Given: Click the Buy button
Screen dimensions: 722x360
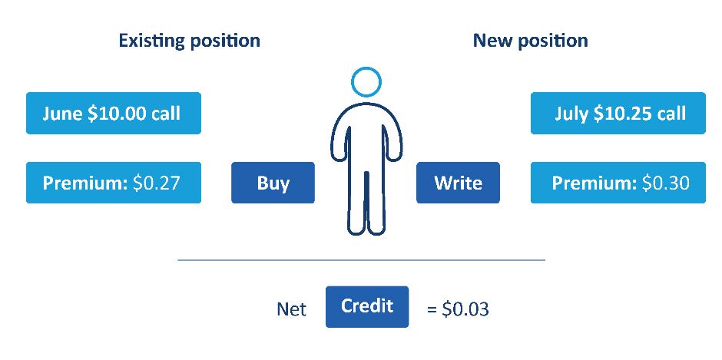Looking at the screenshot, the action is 273,182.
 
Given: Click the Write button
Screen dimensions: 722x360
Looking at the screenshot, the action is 458,182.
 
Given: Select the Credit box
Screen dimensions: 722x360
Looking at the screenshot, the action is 367,306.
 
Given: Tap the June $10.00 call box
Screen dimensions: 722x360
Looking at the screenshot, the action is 114,114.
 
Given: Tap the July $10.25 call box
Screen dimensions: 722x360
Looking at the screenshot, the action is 618,114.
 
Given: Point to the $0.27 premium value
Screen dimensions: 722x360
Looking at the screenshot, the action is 156,183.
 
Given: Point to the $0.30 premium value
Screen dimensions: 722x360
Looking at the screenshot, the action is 666,183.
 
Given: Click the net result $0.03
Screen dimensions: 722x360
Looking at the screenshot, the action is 465,309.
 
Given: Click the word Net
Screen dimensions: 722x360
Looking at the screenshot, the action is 291,309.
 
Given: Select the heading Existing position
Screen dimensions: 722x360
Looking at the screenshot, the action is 189,41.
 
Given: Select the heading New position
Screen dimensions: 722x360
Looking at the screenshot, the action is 531,41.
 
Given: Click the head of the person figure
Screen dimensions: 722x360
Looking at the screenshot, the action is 366,82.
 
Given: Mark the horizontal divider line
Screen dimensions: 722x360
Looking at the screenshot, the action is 362,260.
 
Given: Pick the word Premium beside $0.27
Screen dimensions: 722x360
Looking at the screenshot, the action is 84,183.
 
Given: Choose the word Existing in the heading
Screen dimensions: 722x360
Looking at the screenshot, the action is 151,41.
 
